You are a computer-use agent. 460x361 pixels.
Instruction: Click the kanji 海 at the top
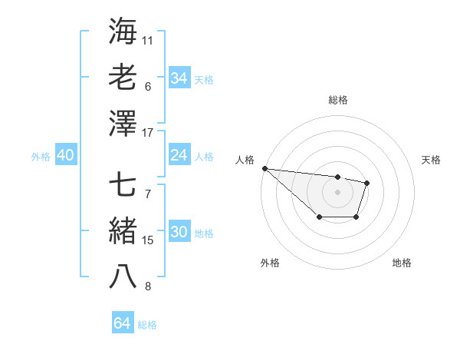[123, 31]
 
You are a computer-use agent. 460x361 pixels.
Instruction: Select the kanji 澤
[123, 122]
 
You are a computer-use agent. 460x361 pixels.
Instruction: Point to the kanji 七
[123, 184]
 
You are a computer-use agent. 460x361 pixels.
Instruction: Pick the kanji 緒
[123, 230]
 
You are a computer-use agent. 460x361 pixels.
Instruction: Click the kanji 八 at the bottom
[123, 277]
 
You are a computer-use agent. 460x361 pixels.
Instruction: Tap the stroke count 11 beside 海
[147, 40]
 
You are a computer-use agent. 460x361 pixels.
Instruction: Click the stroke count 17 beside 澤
[148, 133]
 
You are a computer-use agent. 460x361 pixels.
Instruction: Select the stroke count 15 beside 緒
[148, 240]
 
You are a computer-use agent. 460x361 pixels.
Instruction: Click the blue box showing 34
[179, 78]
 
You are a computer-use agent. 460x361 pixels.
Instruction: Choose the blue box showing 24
[179, 155]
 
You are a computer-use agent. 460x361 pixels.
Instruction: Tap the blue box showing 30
[179, 233]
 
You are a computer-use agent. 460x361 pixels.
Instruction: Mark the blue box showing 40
[65, 155]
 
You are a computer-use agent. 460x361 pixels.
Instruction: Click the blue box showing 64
[122, 323]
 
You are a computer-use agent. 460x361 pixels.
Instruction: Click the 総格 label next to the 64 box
[147, 325]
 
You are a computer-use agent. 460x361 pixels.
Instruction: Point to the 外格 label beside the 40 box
[41, 157]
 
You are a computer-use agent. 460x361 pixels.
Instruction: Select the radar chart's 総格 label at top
[337, 100]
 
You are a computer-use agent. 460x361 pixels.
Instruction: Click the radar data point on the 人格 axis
[264, 168]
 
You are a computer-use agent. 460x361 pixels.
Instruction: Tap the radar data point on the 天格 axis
[367, 183]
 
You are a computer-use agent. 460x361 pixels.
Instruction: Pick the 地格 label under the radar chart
[402, 263]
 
